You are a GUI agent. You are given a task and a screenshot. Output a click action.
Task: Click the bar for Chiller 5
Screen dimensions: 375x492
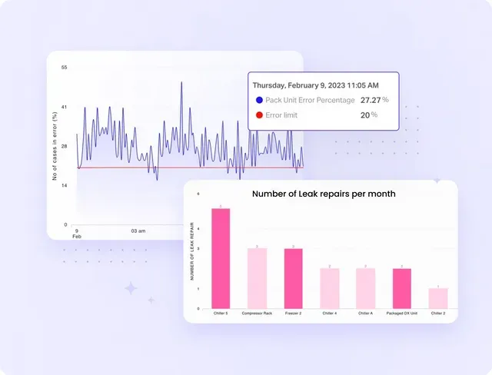point(221,257)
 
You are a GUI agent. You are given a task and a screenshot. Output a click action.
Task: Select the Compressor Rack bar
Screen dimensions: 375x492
point(257,277)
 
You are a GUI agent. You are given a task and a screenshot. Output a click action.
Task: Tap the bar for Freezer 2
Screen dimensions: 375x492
point(293,277)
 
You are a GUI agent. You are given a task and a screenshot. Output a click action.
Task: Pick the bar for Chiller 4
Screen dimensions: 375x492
point(329,287)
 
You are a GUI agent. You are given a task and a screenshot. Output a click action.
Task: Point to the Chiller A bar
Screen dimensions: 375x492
point(365,287)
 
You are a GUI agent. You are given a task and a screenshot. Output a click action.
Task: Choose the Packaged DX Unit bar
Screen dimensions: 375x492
point(401,287)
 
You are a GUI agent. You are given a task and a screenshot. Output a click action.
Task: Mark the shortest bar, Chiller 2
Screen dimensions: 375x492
point(437,297)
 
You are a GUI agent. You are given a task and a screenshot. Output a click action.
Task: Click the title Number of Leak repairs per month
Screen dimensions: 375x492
point(324,194)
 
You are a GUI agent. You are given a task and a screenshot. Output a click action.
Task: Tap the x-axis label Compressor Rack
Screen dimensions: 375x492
point(257,314)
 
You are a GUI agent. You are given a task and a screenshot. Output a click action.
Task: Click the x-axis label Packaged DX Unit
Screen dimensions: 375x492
point(401,314)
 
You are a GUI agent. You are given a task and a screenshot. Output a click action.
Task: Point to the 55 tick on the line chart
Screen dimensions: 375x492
point(65,68)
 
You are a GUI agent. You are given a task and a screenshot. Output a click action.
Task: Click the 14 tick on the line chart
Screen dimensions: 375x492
point(65,185)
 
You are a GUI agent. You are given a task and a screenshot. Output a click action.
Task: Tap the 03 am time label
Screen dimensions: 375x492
point(138,231)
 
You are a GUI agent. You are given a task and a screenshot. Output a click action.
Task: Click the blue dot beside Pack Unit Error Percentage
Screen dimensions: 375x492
point(259,100)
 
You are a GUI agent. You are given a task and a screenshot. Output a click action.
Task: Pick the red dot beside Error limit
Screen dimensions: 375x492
point(259,115)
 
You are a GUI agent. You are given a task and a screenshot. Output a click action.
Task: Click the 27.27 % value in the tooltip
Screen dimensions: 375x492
point(374,100)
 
